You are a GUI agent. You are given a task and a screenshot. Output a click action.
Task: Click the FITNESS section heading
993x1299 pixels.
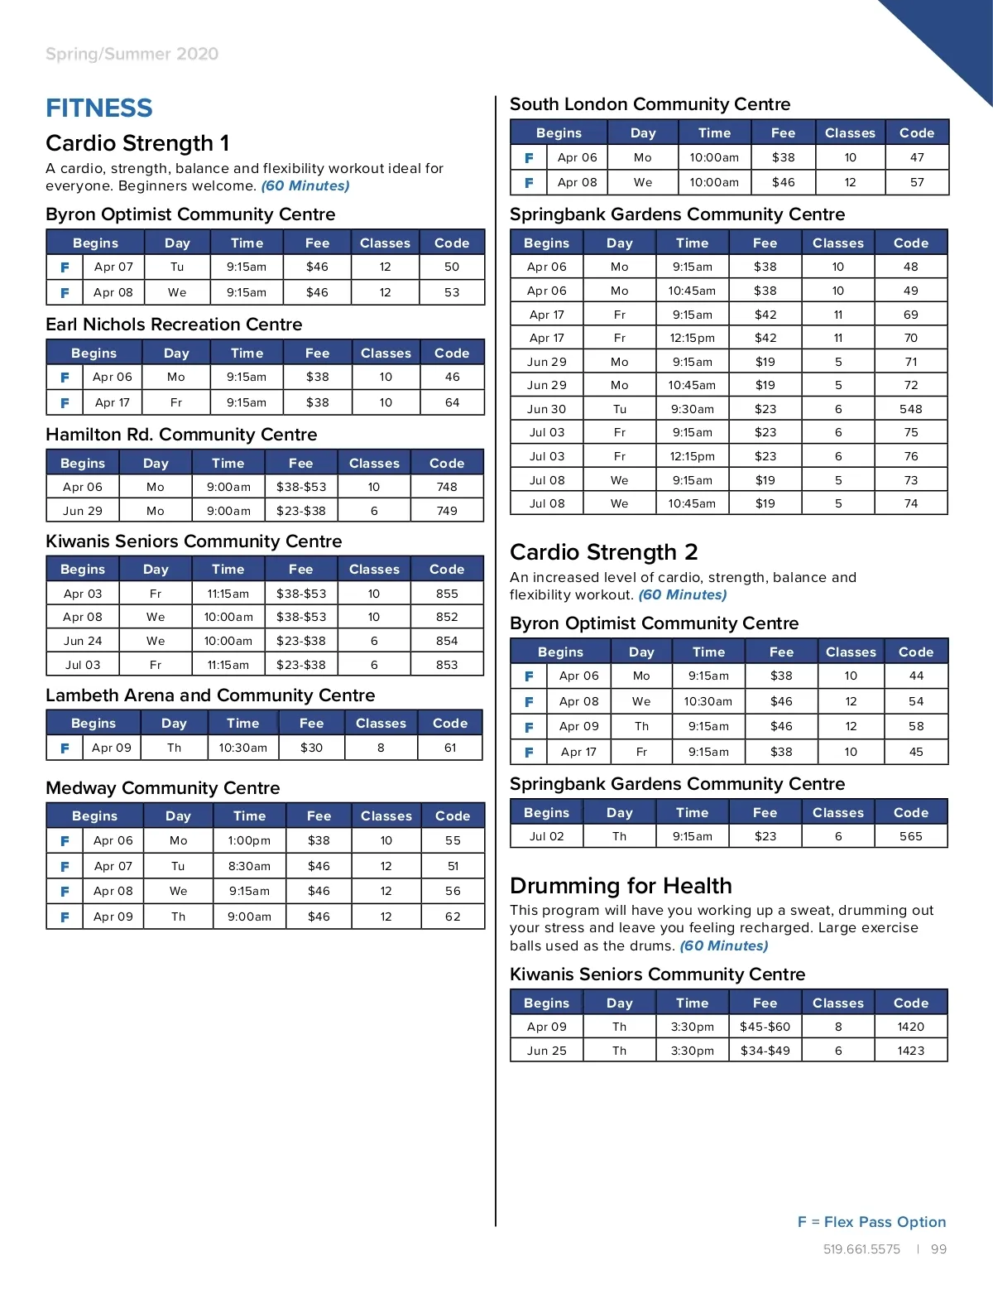99,108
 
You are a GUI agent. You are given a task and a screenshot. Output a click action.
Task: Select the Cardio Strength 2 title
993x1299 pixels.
603,552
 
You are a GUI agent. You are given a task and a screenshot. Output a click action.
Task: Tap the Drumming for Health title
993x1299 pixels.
621,886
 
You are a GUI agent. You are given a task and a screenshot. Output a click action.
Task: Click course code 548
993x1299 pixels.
910,409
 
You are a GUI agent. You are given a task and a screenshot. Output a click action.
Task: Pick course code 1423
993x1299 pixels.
910,1051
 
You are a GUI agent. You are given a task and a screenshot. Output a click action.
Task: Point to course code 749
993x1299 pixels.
447,511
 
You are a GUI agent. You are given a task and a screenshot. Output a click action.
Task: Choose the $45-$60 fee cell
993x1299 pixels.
765,1027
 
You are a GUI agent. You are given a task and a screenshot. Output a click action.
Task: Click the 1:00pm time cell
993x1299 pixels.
249,840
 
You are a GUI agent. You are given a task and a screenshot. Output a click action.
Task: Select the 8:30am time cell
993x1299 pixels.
249,866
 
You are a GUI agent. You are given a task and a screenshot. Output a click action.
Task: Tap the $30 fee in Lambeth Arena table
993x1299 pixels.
311,748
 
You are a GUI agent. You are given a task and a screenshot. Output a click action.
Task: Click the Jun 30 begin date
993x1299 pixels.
546,409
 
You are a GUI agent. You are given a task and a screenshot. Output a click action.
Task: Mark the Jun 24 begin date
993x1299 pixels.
83,641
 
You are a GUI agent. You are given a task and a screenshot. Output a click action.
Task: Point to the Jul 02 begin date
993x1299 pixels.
546,836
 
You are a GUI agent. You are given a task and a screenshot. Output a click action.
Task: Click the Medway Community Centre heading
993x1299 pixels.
163,788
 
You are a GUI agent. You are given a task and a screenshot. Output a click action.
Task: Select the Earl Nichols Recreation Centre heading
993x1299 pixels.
174,325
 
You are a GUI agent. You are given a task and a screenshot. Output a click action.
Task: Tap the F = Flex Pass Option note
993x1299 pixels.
871,1222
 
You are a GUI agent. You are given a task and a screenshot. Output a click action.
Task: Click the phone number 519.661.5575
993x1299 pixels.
861,1249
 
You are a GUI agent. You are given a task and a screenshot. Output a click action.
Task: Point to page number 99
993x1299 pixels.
938,1249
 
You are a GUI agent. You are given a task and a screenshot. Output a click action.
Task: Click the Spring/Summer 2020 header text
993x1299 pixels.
132,55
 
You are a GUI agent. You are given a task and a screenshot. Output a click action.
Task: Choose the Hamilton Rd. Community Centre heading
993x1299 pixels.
181,435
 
